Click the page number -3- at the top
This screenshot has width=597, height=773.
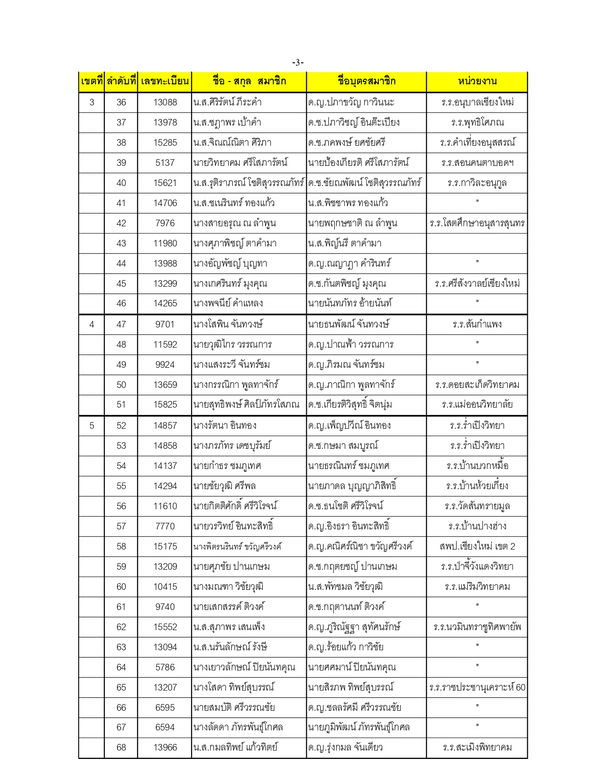point(298,62)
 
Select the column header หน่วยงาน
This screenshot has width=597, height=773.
point(477,82)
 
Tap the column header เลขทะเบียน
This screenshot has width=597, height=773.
point(165,82)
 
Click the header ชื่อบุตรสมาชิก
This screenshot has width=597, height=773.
point(366,82)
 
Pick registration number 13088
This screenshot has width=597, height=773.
point(165,102)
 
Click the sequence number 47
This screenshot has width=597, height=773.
point(121,324)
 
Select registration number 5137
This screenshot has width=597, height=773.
point(165,163)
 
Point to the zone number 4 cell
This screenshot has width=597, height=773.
point(92,324)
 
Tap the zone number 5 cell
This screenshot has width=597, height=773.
point(92,425)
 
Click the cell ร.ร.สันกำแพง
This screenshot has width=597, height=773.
point(477,324)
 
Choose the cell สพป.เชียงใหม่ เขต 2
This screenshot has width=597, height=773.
point(477,546)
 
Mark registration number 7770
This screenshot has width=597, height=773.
point(165,526)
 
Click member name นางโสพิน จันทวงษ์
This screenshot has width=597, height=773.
point(228,324)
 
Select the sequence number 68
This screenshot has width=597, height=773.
point(121,747)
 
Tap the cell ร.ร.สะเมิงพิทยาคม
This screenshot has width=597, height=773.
point(477,747)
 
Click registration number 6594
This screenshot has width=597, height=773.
point(165,727)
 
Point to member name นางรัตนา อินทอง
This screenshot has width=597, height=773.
point(225,425)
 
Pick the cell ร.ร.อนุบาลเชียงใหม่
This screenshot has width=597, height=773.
point(477,102)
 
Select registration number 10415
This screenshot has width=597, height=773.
point(165,587)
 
